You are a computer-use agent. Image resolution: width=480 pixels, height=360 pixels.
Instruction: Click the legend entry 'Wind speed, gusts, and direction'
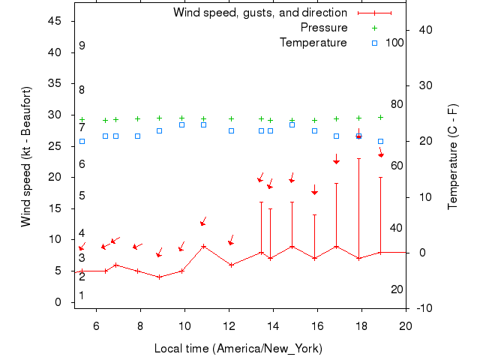pos(259,13)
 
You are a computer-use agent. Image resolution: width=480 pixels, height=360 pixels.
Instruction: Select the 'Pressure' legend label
pos(323,28)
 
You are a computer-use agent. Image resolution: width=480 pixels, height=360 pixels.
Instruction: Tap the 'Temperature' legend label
pos(313,43)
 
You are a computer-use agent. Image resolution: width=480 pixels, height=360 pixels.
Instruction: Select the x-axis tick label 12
pos(229,325)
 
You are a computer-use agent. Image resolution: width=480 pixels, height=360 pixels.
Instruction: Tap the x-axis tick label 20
pos(406,325)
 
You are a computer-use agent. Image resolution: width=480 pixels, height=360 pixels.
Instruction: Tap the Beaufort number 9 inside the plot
pos(82,46)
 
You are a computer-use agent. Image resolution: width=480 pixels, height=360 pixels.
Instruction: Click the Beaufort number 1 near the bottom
pos(82,295)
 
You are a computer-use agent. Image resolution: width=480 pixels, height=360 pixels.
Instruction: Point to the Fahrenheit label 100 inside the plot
pos(394,43)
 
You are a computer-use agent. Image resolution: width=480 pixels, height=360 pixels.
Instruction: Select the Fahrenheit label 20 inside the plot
pos(397,289)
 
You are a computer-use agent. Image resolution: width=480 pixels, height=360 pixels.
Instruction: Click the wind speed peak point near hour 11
pos(203,246)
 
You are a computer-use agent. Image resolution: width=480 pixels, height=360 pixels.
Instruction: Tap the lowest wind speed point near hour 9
pos(159,277)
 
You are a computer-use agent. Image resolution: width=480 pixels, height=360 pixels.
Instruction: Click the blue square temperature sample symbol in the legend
pos(374,43)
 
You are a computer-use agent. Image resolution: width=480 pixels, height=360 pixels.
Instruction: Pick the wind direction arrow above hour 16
pos(315,190)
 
